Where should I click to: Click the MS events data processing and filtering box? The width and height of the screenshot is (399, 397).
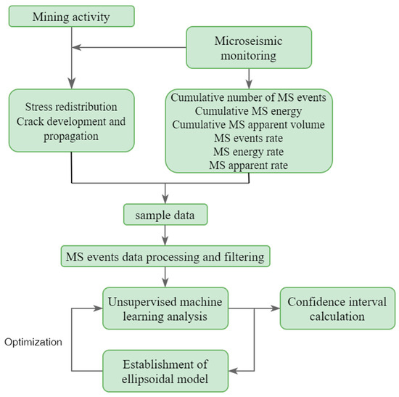(166, 255)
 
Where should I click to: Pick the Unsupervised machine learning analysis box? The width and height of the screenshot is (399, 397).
(166, 308)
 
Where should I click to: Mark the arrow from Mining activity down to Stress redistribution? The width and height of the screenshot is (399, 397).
(72, 62)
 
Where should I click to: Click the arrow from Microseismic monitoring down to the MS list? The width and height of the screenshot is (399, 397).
(249, 77)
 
